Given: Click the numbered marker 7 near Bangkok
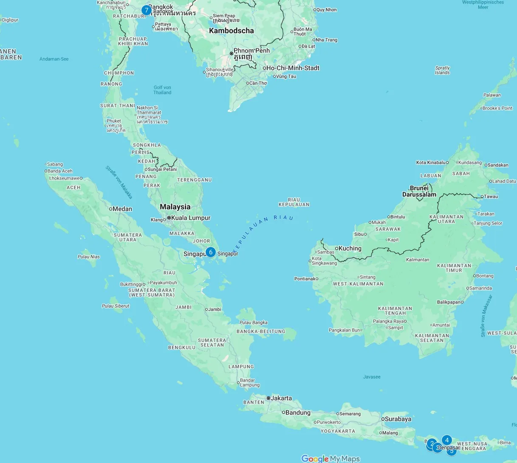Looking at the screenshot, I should [147, 10].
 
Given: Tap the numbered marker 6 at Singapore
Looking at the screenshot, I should [210, 252].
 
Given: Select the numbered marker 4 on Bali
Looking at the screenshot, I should [446, 440].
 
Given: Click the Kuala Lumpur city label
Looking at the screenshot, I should [190, 218].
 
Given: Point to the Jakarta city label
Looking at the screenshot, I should [281, 398].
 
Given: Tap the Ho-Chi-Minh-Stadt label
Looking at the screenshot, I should [292, 68].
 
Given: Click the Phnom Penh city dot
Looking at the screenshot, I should [231, 53].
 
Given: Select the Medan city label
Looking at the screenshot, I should [122, 209].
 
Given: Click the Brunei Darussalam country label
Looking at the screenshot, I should [419, 191].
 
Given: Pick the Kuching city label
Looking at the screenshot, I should [350, 248].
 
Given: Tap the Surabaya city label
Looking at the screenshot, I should [398, 419].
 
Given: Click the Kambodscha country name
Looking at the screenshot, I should [231, 31].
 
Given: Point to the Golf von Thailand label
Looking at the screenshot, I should [162, 90].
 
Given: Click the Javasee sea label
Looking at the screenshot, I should [372, 377].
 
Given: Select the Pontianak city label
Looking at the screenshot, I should [305, 279].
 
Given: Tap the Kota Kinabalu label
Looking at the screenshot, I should [431, 163].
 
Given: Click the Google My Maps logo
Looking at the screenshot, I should [330, 458].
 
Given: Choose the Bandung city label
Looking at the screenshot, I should [298, 412].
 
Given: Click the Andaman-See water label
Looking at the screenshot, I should [54, 59].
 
